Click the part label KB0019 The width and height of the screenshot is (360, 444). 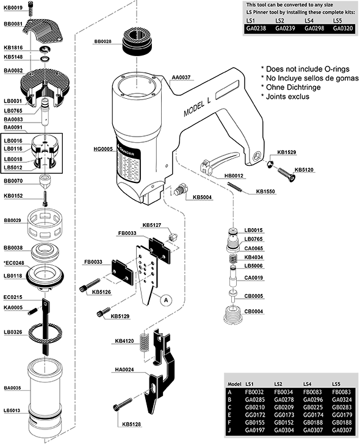click(x=13, y=8)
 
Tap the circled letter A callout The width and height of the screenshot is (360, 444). click(x=166, y=300)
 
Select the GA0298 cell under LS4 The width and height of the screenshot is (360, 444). click(x=314, y=28)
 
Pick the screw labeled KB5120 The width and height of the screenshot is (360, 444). click(x=286, y=174)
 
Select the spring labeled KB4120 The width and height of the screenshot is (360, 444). click(x=144, y=342)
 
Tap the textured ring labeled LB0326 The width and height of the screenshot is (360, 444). click(x=45, y=333)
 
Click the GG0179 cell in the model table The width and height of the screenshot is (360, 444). click(x=342, y=415)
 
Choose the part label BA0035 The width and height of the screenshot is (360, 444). click(x=12, y=388)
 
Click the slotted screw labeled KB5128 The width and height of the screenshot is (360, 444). click(x=123, y=404)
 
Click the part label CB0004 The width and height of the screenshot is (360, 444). click(x=253, y=312)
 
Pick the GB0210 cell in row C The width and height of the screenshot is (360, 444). click(x=255, y=407)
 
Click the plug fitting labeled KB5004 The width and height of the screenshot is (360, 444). click(x=179, y=190)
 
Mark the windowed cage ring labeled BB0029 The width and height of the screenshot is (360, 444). click(x=45, y=224)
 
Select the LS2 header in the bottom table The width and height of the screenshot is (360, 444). click(x=278, y=384)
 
